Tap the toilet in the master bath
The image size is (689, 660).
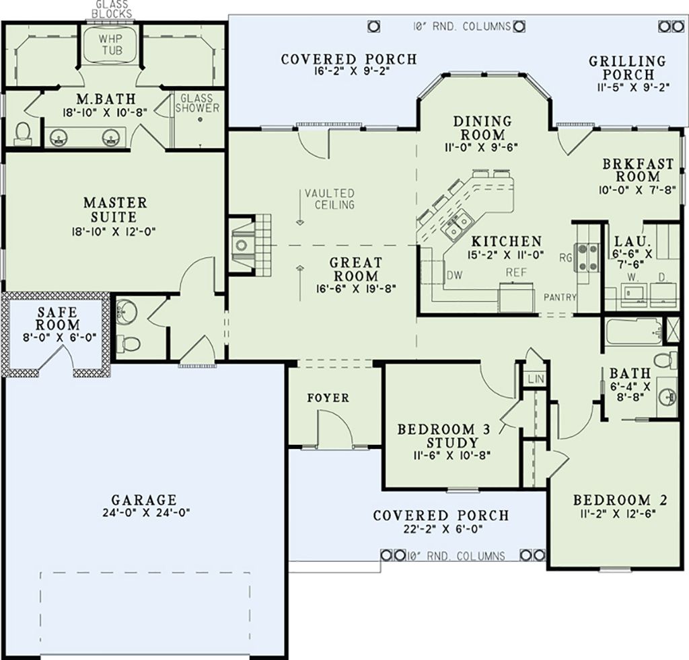[22, 133]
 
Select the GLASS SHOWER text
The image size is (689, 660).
[196, 103]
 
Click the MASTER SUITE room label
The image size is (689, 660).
[115, 209]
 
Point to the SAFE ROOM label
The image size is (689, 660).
[59, 319]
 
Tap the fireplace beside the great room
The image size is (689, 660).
[242, 245]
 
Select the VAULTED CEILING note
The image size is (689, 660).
[329, 199]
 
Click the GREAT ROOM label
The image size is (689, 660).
[355, 269]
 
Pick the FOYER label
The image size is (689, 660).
[328, 398]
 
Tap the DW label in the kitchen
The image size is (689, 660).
[454, 274]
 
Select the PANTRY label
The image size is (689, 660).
[560, 296]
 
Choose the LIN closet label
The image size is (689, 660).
[535, 380]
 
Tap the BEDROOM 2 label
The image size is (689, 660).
[620, 500]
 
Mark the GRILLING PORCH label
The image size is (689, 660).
[627, 67]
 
